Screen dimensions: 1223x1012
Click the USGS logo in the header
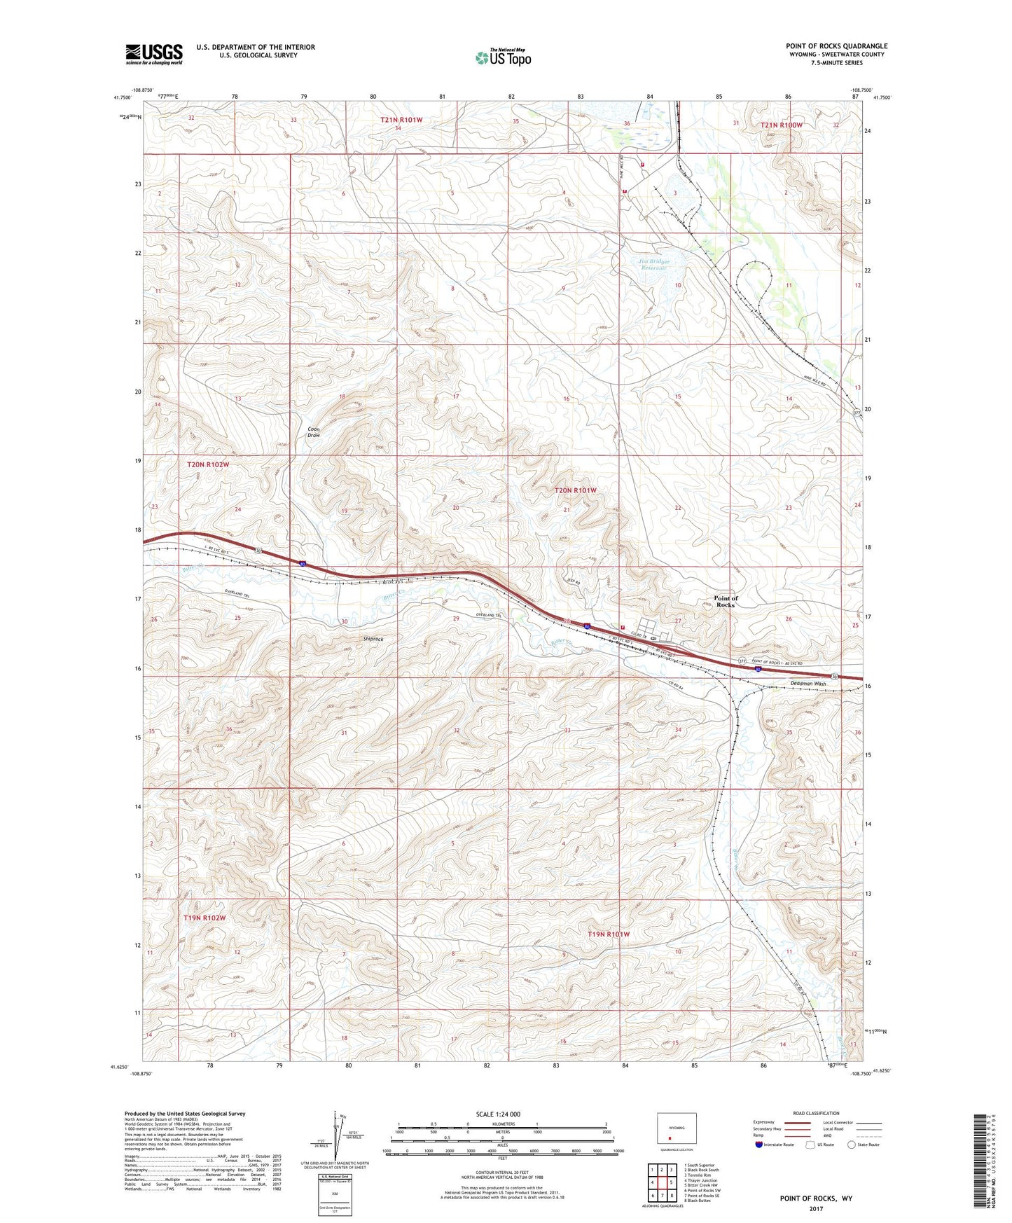[154, 54]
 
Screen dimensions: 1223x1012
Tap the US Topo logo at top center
[503, 57]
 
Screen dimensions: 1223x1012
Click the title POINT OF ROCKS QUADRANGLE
[836, 46]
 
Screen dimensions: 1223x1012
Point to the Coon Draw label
[314, 432]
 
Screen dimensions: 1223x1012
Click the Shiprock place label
[373, 639]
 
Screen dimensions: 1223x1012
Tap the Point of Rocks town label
[726, 601]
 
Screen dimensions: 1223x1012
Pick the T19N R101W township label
[609, 934]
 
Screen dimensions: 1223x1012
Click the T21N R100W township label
[782, 125]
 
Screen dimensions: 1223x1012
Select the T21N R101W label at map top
[401, 120]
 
